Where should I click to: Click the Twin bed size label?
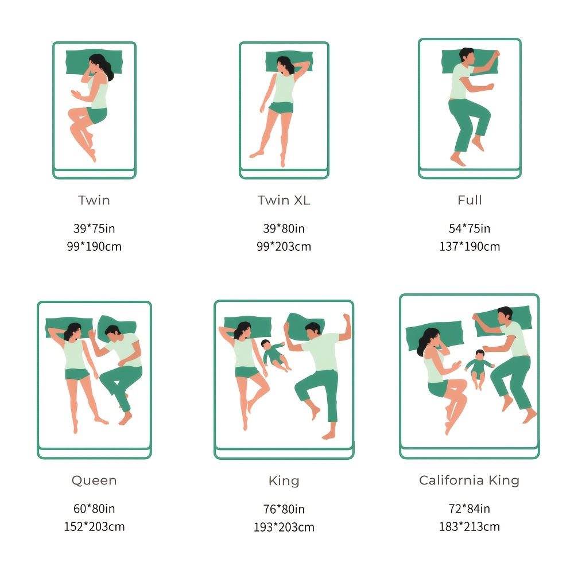(x=94, y=200)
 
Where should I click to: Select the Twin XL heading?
(x=284, y=200)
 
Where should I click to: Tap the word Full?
(x=470, y=200)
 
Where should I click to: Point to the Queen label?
(x=94, y=480)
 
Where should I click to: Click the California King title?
(x=470, y=480)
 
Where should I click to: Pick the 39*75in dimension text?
(x=94, y=228)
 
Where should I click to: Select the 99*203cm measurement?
(x=284, y=246)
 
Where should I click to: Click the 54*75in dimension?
(x=470, y=228)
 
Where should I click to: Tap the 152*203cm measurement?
(x=94, y=526)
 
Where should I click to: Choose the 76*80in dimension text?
(x=284, y=509)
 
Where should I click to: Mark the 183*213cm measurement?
(x=470, y=526)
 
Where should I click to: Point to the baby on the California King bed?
(x=479, y=369)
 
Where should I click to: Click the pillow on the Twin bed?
(x=95, y=62)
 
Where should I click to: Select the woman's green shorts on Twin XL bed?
(x=281, y=108)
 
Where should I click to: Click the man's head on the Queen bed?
(x=113, y=332)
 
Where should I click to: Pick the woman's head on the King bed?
(x=243, y=329)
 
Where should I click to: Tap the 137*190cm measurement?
(x=470, y=246)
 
